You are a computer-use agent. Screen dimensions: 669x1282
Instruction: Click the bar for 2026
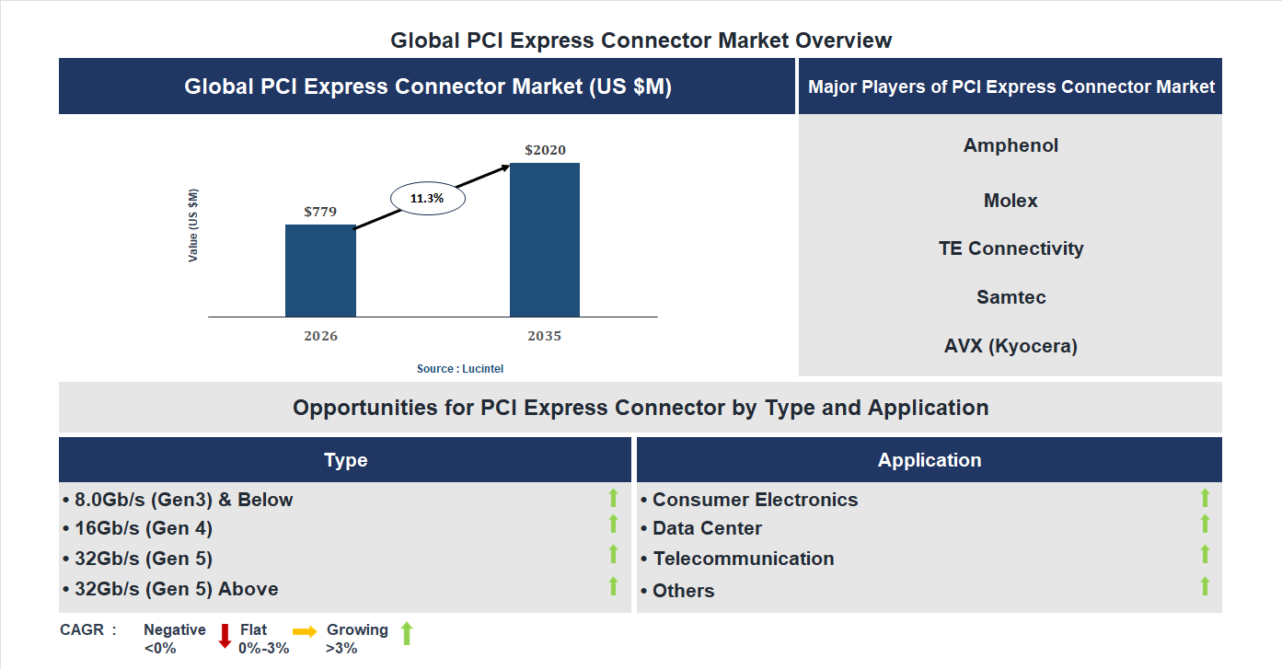(x=320, y=271)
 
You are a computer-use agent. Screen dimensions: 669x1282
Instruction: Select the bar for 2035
(x=545, y=240)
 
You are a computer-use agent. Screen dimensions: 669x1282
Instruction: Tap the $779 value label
(x=320, y=212)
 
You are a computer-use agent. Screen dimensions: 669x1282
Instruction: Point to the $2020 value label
(x=545, y=150)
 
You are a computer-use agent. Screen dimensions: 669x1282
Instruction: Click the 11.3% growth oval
(x=428, y=198)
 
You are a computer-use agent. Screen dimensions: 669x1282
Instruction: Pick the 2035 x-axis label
(x=545, y=336)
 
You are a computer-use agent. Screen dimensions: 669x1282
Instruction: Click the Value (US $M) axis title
(x=193, y=225)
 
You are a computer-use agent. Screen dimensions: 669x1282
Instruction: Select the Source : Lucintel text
(x=460, y=369)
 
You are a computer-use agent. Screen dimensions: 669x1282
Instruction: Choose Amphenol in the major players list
(x=1011, y=145)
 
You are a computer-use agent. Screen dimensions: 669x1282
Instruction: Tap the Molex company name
(x=1011, y=201)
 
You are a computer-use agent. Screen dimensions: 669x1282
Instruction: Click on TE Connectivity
(x=1011, y=248)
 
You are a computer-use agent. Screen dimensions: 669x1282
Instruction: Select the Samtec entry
(x=1011, y=297)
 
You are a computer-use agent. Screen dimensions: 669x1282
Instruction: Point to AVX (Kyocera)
(x=1011, y=346)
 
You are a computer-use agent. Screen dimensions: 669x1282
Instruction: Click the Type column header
(x=345, y=460)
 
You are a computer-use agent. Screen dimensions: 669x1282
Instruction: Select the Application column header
(x=930, y=460)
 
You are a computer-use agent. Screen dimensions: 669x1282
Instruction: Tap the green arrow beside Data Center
(x=1205, y=525)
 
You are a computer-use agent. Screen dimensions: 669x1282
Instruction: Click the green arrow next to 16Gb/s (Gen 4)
(x=613, y=525)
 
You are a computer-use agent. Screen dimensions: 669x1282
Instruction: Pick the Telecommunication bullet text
(x=744, y=559)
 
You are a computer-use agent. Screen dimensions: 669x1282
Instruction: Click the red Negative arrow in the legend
(x=225, y=635)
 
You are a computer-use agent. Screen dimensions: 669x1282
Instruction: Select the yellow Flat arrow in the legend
(x=305, y=631)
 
